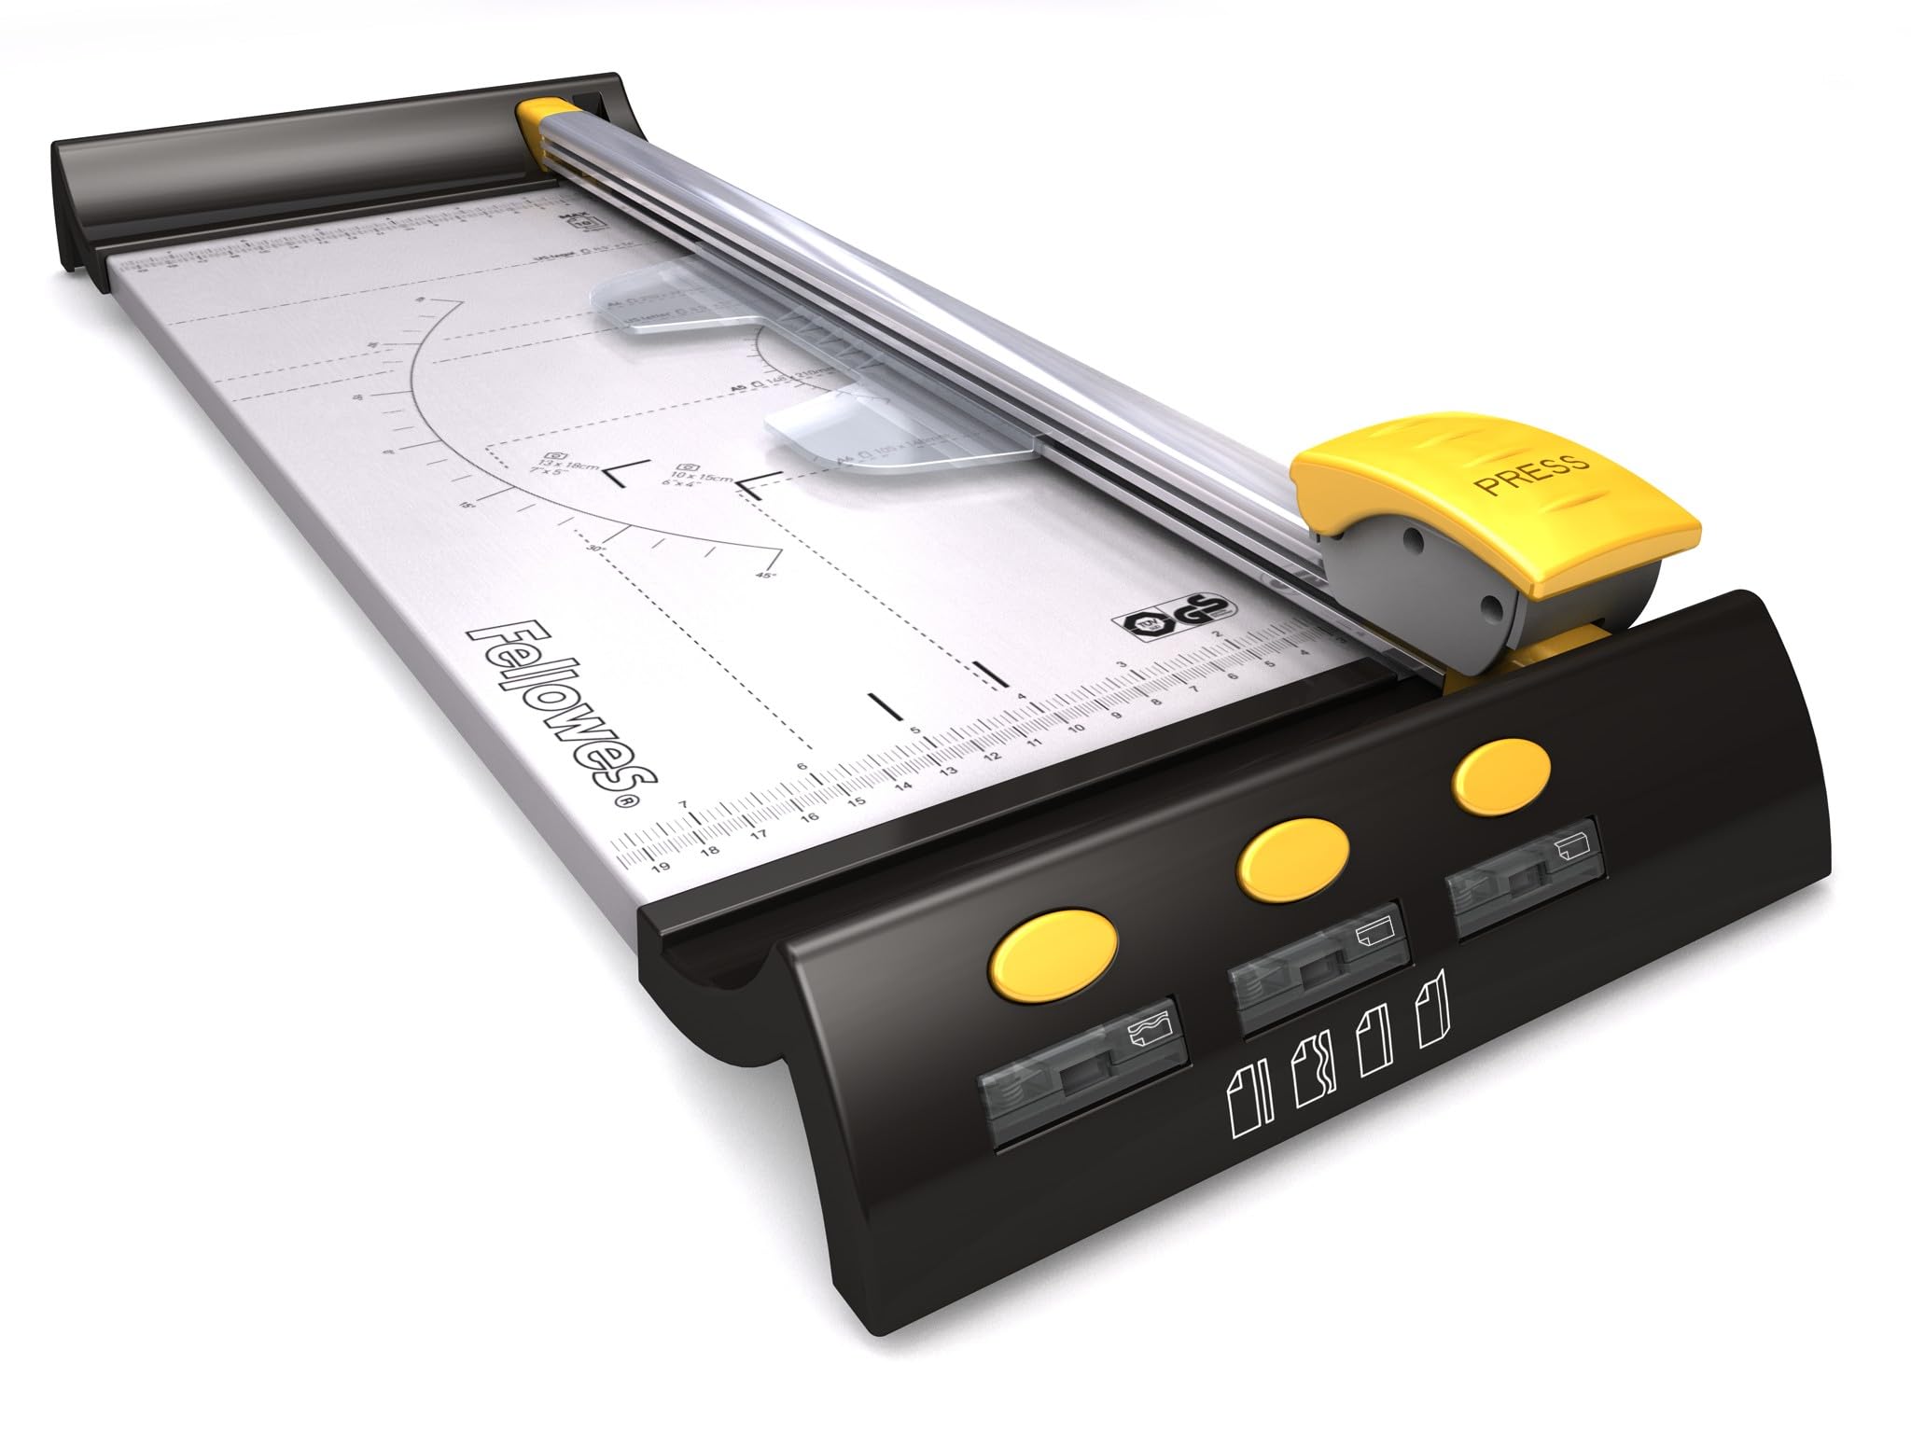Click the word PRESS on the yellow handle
point(1530,473)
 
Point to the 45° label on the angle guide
point(765,577)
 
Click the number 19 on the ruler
point(662,867)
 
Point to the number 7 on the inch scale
point(684,804)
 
